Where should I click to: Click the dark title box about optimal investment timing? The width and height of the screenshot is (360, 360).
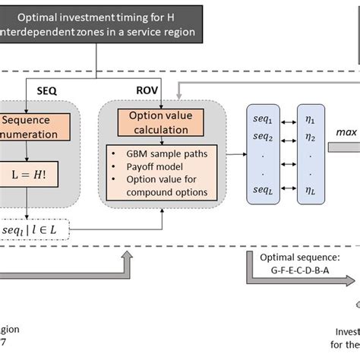98,24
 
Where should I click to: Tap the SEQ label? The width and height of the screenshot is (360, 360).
47,90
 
